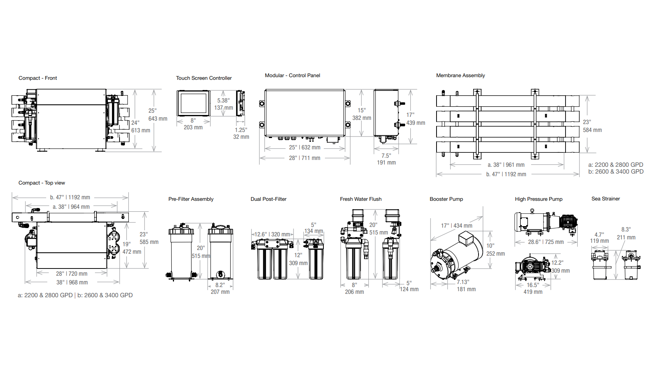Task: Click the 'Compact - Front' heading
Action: (x=38, y=78)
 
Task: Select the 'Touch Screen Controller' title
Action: (x=204, y=78)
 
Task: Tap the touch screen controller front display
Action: (x=193, y=103)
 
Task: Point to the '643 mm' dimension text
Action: (x=158, y=119)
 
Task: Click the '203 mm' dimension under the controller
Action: (x=193, y=127)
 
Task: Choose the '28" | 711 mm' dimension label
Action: (x=305, y=158)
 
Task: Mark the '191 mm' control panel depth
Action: (x=386, y=163)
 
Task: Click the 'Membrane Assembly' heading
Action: (x=460, y=76)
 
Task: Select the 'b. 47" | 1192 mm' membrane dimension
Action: (x=506, y=174)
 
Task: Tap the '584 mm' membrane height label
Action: (x=592, y=130)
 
